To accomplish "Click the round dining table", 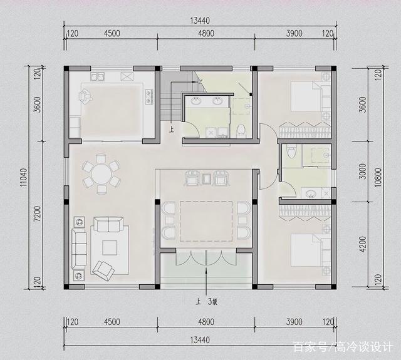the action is (x=102, y=174).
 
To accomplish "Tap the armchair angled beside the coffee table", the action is (x=103, y=269).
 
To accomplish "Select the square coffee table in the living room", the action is (x=110, y=248).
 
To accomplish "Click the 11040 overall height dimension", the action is (x=24, y=177).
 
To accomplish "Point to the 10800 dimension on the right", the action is (x=378, y=177).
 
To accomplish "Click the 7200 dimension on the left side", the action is (x=37, y=214).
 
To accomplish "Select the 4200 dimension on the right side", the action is (x=362, y=244).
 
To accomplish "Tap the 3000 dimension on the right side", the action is (x=362, y=171).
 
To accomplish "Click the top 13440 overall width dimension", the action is (x=200, y=21).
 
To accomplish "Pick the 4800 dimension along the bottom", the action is (x=206, y=322).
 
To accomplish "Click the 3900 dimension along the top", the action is (x=294, y=33).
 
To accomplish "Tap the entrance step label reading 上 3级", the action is (x=206, y=302).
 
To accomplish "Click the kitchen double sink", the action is (x=97, y=76).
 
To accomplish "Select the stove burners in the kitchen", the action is (x=149, y=96).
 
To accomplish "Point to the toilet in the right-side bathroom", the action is (x=291, y=152).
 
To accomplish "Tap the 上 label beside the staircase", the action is (x=171, y=130).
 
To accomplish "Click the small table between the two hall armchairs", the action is (x=206, y=178).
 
